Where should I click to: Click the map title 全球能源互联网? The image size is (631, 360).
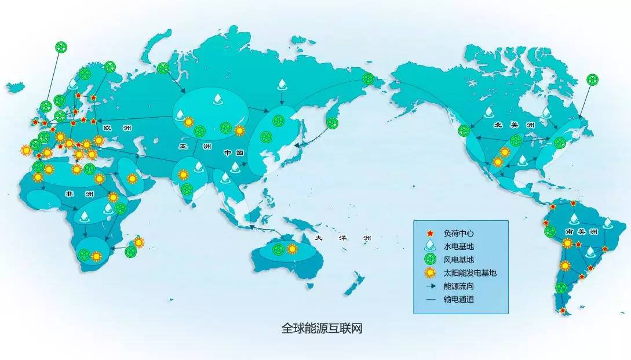(x=322, y=329)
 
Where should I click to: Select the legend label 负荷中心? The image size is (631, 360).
(x=458, y=233)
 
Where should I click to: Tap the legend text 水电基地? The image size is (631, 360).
(x=458, y=246)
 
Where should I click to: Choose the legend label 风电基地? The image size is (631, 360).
(x=458, y=260)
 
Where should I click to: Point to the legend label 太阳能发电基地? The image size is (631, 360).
(x=470, y=272)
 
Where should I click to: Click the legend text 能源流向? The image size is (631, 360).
(x=458, y=286)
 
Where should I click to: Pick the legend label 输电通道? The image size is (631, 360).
(x=458, y=299)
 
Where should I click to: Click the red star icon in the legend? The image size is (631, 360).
(x=429, y=233)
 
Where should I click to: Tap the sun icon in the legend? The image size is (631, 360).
(x=429, y=272)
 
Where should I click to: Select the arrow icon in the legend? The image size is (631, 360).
(x=429, y=286)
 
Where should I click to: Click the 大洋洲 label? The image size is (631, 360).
(x=342, y=238)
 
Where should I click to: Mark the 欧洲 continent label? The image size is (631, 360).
(x=114, y=128)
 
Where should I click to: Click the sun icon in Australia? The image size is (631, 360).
(x=292, y=249)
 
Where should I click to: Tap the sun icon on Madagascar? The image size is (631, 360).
(x=139, y=242)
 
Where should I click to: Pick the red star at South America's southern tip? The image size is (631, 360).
(x=563, y=311)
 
